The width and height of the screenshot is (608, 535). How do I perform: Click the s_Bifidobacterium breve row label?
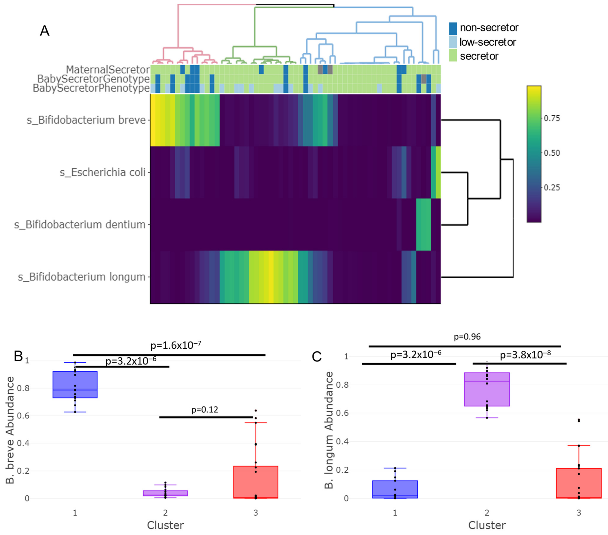(x=86, y=120)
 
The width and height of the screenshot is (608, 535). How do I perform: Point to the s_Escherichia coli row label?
(x=103, y=172)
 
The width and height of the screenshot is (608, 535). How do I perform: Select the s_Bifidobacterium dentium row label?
(x=80, y=225)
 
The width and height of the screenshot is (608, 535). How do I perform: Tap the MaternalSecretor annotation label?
(x=108, y=70)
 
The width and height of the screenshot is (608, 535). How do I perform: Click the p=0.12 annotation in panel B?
(x=205, y=410)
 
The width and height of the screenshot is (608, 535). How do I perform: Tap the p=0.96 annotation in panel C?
(x=467, y=337)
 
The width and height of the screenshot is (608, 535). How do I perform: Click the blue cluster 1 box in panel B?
(x=75, y=384)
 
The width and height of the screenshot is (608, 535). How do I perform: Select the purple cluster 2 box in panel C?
(x=487, y=389)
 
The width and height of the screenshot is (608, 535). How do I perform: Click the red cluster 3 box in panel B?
(x=256, y=482)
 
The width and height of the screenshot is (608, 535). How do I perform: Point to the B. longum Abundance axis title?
(x=329, y=430)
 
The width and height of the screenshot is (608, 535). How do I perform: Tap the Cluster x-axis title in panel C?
(x=487, y=525)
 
